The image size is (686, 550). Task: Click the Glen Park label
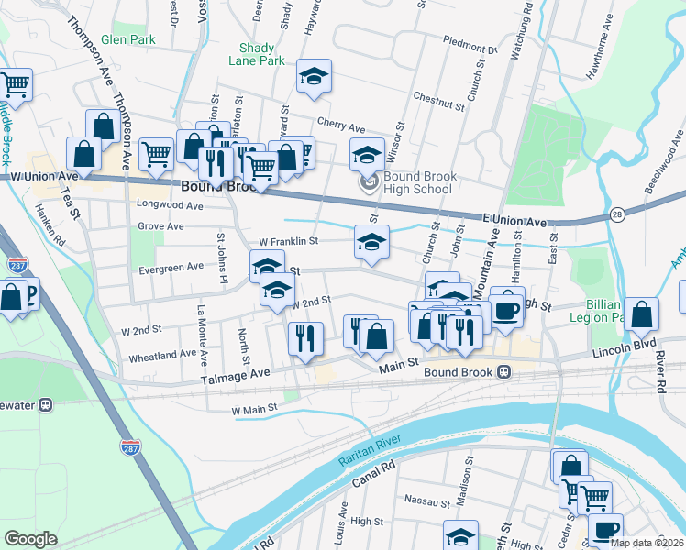click(x=128, y=39)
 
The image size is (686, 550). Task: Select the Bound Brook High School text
click(x=417, y=183)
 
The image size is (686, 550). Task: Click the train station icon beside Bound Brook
click(x=503, y=372)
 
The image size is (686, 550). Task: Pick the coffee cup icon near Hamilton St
click(x=506, y=309)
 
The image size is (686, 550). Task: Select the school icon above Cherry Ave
click(x=314, y=78)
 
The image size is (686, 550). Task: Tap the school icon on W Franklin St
click(x=371, y=242)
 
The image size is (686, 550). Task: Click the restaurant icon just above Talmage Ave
click(x=304, y=338)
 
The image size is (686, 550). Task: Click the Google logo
click(x=30, y=539)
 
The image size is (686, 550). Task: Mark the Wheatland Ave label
click(x=161, y=354)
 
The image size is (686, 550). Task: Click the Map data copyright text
click(x=647, y=543)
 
